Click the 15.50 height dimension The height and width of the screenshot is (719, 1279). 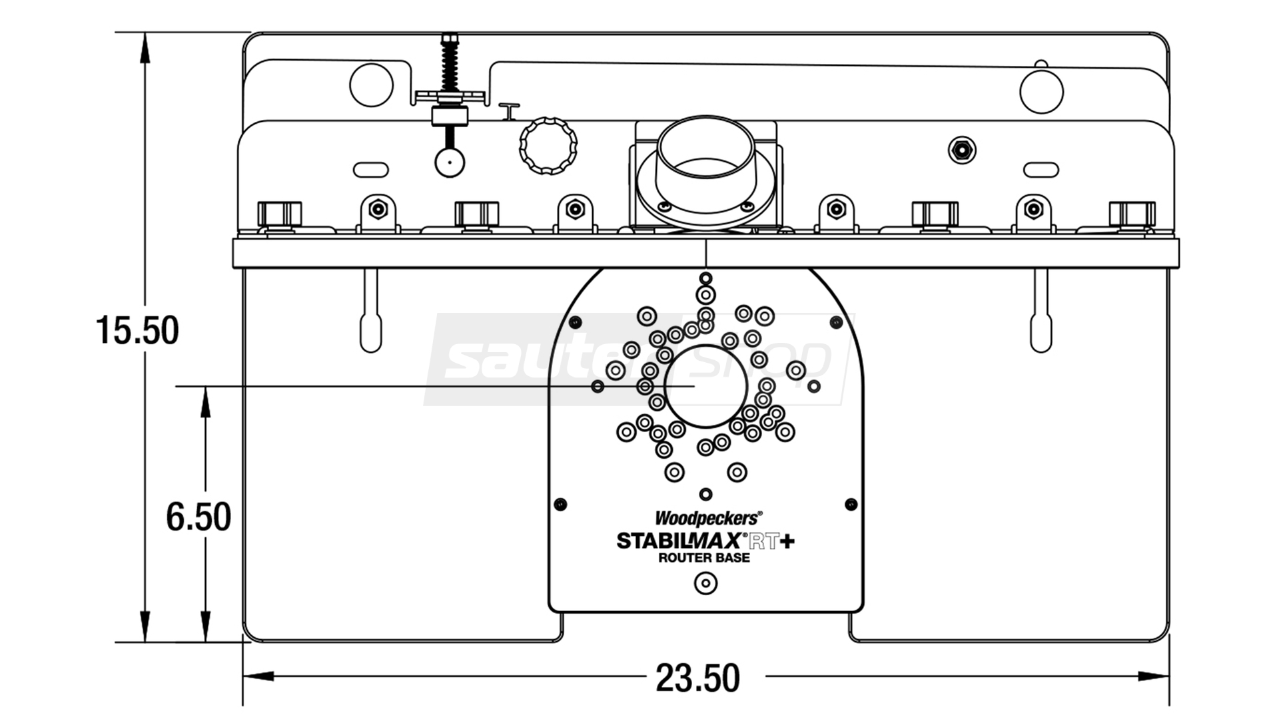click(137, 330)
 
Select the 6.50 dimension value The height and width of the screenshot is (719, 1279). click(199, 517)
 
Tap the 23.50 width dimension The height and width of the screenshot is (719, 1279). click(697, 678)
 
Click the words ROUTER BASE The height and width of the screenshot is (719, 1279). click(704, 558)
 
